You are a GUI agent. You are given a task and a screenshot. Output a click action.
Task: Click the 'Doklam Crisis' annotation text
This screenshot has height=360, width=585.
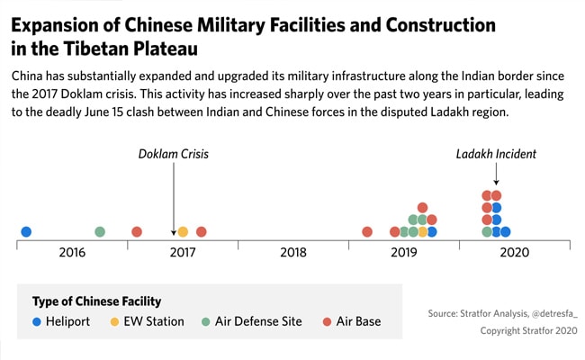click(173, 154)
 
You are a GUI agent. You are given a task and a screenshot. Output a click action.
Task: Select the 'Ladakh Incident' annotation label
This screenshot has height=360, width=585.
click(496, 154)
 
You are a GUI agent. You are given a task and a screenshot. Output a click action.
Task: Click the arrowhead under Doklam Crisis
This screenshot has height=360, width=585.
click(174, 233)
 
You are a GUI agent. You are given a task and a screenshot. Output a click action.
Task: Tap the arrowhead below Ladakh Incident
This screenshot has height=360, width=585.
click(496, 184)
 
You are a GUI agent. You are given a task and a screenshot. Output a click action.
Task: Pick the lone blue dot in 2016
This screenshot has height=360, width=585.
click(26, 232)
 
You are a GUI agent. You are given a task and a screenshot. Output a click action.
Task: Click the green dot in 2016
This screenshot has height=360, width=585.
click(100, 232)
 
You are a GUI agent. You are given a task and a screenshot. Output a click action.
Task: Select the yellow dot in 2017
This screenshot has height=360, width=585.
click(183, 232)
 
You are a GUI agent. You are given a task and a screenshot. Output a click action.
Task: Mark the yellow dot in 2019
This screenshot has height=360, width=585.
click(423, 232)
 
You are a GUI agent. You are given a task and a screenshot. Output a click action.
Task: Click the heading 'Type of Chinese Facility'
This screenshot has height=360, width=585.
click(96, 301)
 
